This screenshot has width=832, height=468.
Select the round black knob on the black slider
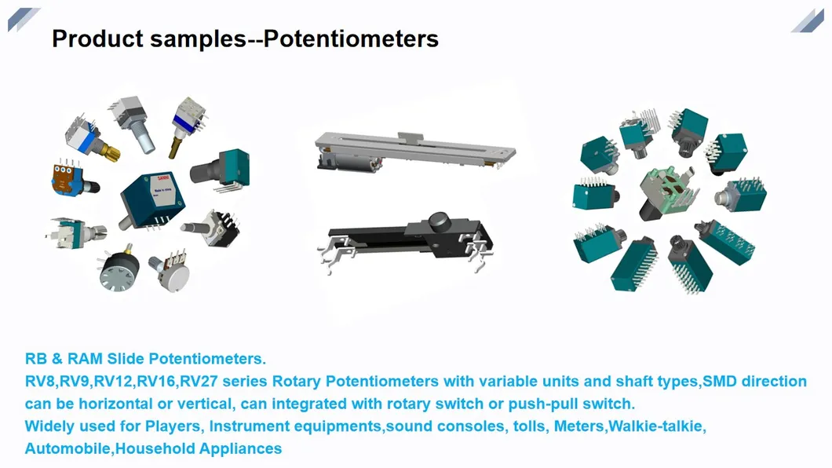pyautogui.click(x=436, y=221)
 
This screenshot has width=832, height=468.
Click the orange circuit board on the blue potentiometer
pyautogui.click(x=63, y=176)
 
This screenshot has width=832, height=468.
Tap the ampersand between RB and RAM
pyautogui.click(x=56, y=359)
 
